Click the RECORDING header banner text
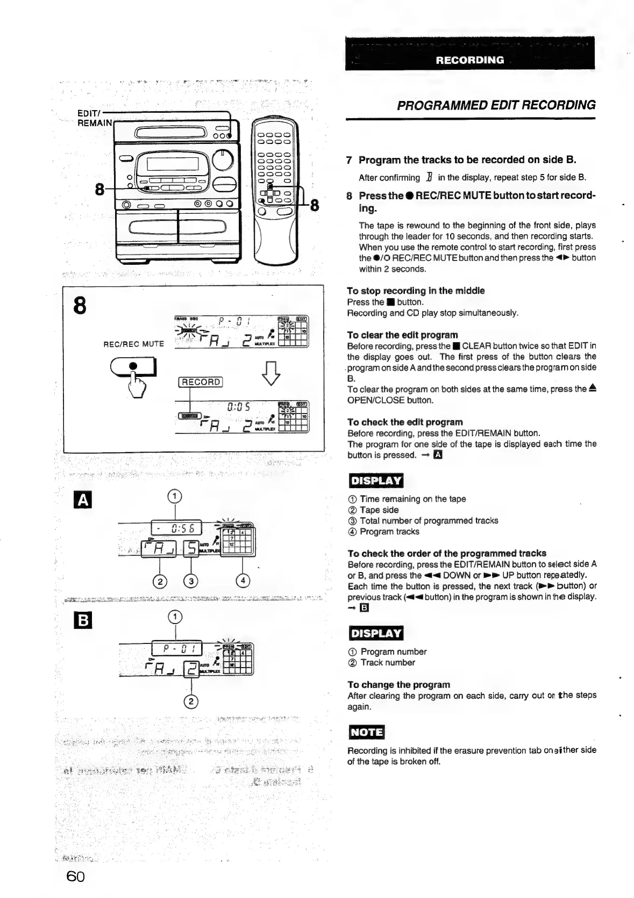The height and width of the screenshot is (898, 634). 470,60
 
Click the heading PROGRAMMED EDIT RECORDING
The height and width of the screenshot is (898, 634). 496,105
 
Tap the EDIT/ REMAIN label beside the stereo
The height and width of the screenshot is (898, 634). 95,118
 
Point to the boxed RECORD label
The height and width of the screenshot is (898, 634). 201,382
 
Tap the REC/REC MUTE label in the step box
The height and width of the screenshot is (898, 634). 133,344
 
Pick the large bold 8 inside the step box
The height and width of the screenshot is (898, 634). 79,306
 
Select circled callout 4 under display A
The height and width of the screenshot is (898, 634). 243,581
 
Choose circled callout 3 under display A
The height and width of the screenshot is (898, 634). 191,581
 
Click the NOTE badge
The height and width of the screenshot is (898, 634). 366,732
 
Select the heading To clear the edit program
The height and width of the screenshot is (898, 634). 402,335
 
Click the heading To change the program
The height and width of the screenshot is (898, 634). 398,684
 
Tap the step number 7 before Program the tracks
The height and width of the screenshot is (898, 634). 350,160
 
